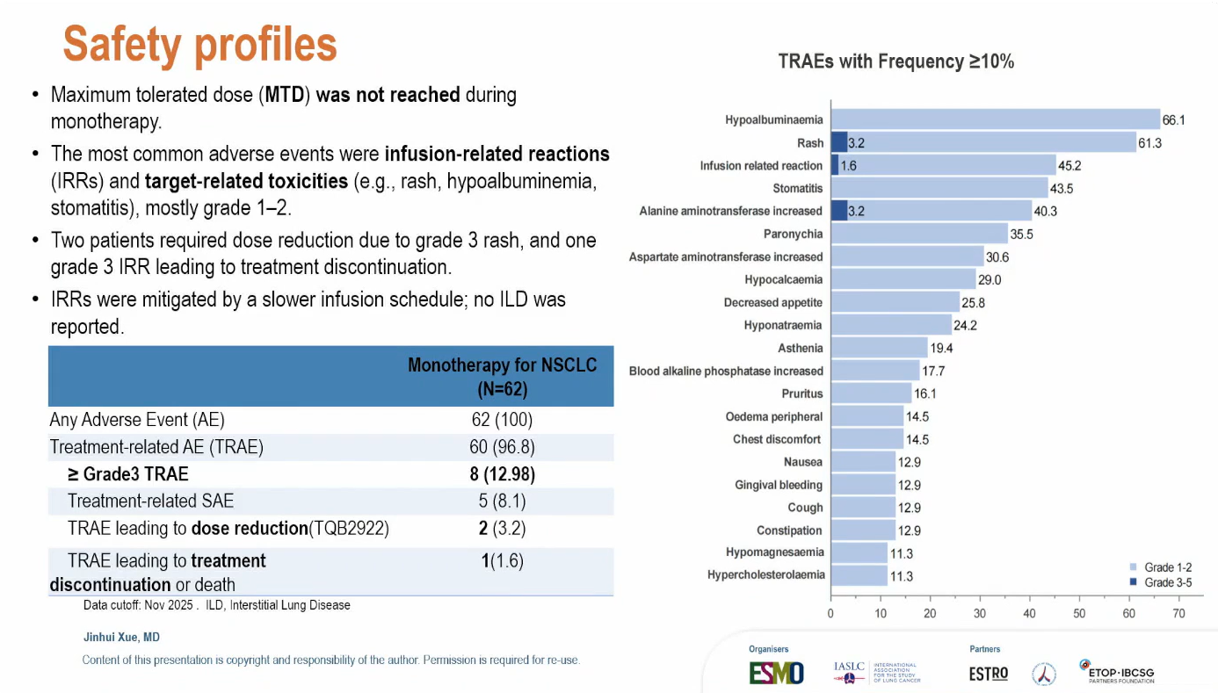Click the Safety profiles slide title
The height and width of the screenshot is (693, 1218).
click(200, 45)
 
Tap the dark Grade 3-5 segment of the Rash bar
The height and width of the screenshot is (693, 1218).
click(838, 142)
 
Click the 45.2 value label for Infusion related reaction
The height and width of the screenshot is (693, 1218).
click(1069, 165)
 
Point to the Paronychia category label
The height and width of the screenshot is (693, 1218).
click(793, 234)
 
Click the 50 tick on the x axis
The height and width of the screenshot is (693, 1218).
click(1079, 614)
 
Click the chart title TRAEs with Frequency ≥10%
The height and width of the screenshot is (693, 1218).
click(896, 61)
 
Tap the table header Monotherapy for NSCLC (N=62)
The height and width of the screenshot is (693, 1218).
click(502, 376)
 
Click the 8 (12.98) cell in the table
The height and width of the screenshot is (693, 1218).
click(502, 474)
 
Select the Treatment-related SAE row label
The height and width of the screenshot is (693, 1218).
click(150, 502)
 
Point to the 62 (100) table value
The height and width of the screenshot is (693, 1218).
click(502, 420)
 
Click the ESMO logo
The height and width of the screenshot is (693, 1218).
click(776, 673)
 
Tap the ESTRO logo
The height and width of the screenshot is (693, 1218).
click(988, 674)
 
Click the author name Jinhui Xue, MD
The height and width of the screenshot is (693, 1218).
click(121, 637)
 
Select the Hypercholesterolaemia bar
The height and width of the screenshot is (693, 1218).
click(859, 576)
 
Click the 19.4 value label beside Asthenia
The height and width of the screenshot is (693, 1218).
click(942, 348)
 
